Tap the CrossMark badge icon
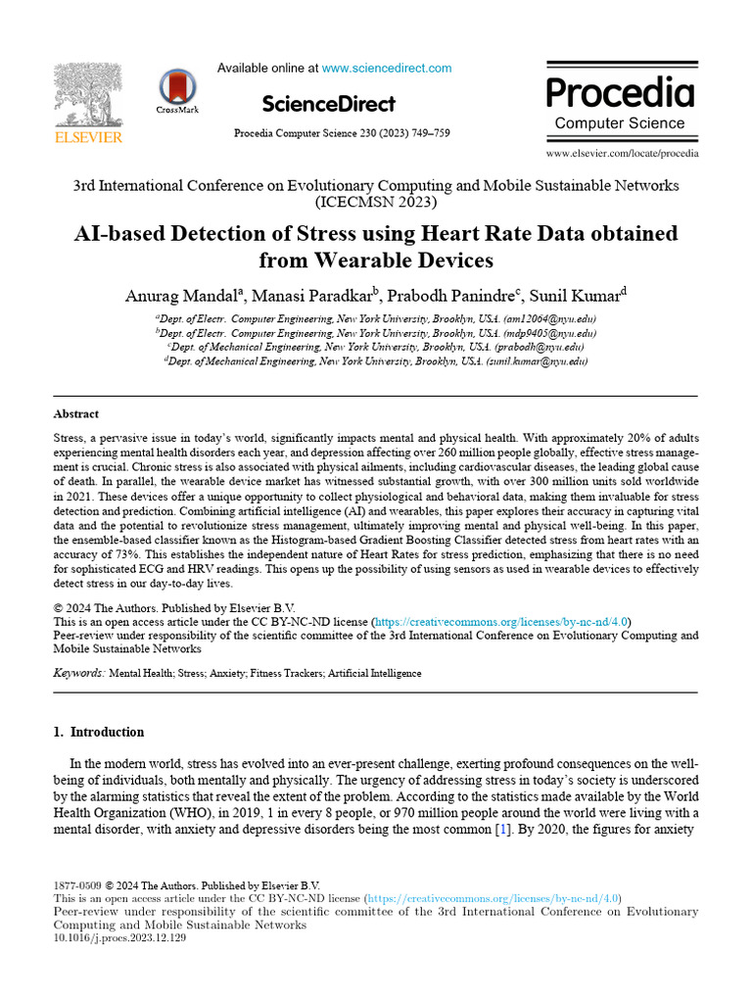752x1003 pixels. tap(177, 87)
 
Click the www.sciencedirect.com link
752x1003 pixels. tap(387, 69)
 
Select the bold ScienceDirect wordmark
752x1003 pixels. tap(329, 104)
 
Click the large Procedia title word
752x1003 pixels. tap(620, 92)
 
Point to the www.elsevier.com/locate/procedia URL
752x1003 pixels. tap(623, 154)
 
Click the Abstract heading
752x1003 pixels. tap(75, 414)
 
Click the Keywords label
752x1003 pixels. tap(79, 673)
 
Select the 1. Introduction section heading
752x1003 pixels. tap(98, 732)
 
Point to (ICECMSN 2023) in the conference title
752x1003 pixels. tap(375, 204)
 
